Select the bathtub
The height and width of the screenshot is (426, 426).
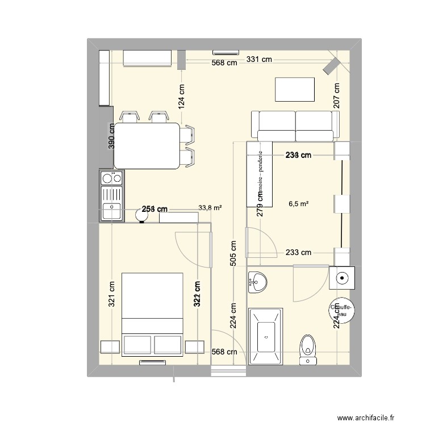pyautogui.click(x=266, y=336)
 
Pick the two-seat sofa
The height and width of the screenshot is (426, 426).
pyautogui.click(x=295, y=126)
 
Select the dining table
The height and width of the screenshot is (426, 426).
pyautogui.click(x=147, y=146)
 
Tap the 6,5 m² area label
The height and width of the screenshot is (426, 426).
pyautogui.click(x=299, y=203)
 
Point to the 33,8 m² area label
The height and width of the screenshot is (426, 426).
pyautogui.click(x=210, y=208)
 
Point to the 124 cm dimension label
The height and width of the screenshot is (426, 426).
pyautogui.click(x=182, y=97)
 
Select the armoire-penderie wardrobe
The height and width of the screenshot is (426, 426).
pyautogui.click(x=260, y=174)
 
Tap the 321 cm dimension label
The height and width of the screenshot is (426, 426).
pyautogui.click(x=111, y=294)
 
